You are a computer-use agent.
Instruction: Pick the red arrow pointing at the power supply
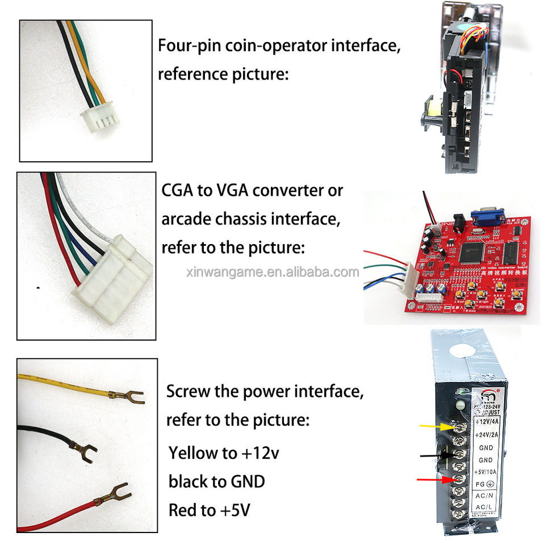pyautogui.click(x=434, y=480)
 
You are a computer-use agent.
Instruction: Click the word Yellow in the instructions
pyautogui.click(x=194, y=454)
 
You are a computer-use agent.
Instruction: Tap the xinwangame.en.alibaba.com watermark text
pyautogui.click(x=272, y=272)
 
